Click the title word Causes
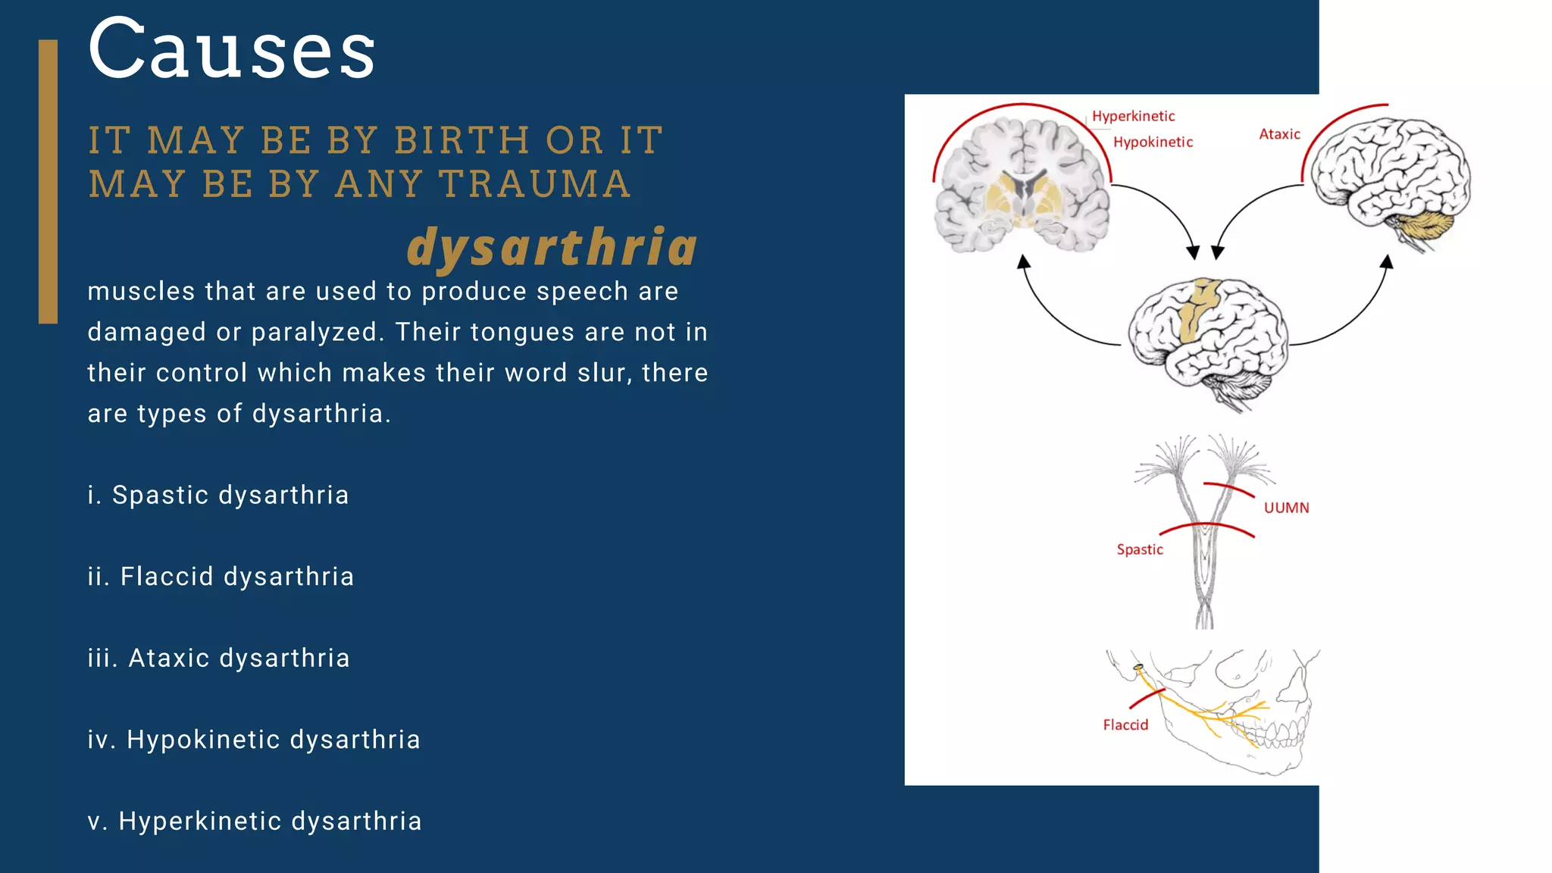coord(231,50)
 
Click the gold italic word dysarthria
coord(552,248)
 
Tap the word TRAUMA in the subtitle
coord(534,184)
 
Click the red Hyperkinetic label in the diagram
coord(1133,116)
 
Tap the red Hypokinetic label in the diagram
coord(1153,142)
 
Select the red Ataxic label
coord(1279,134)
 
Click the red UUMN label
coord(1286,508)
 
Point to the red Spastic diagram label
coord(1139,549)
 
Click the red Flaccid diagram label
coord(1125,725)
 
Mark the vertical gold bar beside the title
coord(48,182)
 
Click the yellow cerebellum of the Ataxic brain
coord(1424,226)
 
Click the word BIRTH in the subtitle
coord(461,141)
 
